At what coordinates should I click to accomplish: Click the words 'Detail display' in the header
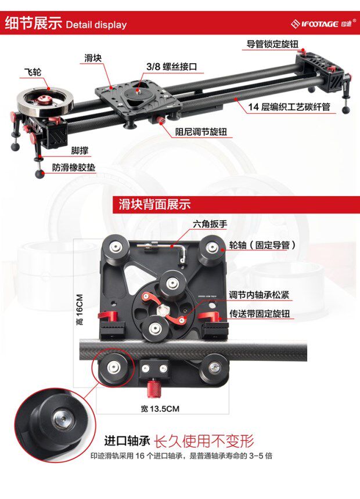point(96,25)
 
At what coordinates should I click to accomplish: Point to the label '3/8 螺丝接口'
point(171,67)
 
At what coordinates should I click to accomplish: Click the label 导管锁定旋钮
point(272,44)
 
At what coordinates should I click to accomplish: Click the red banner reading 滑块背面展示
point(154,205)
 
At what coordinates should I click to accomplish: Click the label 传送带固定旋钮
point(260,314)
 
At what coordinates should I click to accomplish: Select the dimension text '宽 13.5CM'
point(160,408)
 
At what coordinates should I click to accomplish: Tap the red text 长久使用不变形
point(204,441)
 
